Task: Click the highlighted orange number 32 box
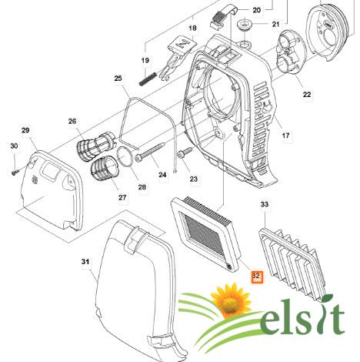click(x=257, y=277)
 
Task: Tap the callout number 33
click(x=265, y=204)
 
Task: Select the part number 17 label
click(x=285, y=136)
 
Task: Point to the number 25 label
click(x=118, y=78)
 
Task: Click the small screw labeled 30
click(x=15, y=172)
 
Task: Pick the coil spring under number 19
click(x=148, y=79)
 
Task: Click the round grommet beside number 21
click(x=245, y=25)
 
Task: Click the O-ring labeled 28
click(x=125, y=156)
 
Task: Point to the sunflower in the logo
click(x=230, y=300)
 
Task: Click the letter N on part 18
click(x=183, y=44)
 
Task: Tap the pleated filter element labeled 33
click(x=292, y=263)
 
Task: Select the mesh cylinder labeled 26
click(x=96, y=146)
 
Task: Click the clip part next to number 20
click(x=222, y=16)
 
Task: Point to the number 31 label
click(x=85, y=262)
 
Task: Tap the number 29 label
click(x=25, y=130)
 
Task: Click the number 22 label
click(x=307, y=95)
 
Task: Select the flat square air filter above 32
click(x=206, y=233)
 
